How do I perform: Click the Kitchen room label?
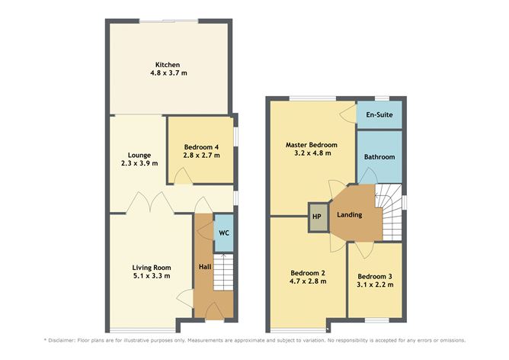(x=168, y=64)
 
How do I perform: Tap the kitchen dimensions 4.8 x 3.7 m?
(x=168, y=74)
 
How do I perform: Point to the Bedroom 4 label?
(x=201, y=146)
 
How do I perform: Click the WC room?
(x=224, y=233)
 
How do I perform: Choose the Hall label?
(x=204, y=267)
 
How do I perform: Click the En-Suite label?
(x=379, y=114)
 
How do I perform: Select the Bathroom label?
(x=379, y=156)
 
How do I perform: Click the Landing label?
(x=350, y=215)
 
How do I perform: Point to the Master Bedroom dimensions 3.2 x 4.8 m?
(x=311, y=153)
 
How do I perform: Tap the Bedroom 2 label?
(x=308, y=272)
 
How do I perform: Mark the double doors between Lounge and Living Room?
(x=147, y=203)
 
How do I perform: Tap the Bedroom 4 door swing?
(x=184, y=177)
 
